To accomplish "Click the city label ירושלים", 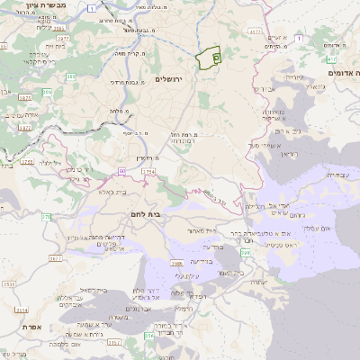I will click(x=168, y=79).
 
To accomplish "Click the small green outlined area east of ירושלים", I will click(x=209, y=57).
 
